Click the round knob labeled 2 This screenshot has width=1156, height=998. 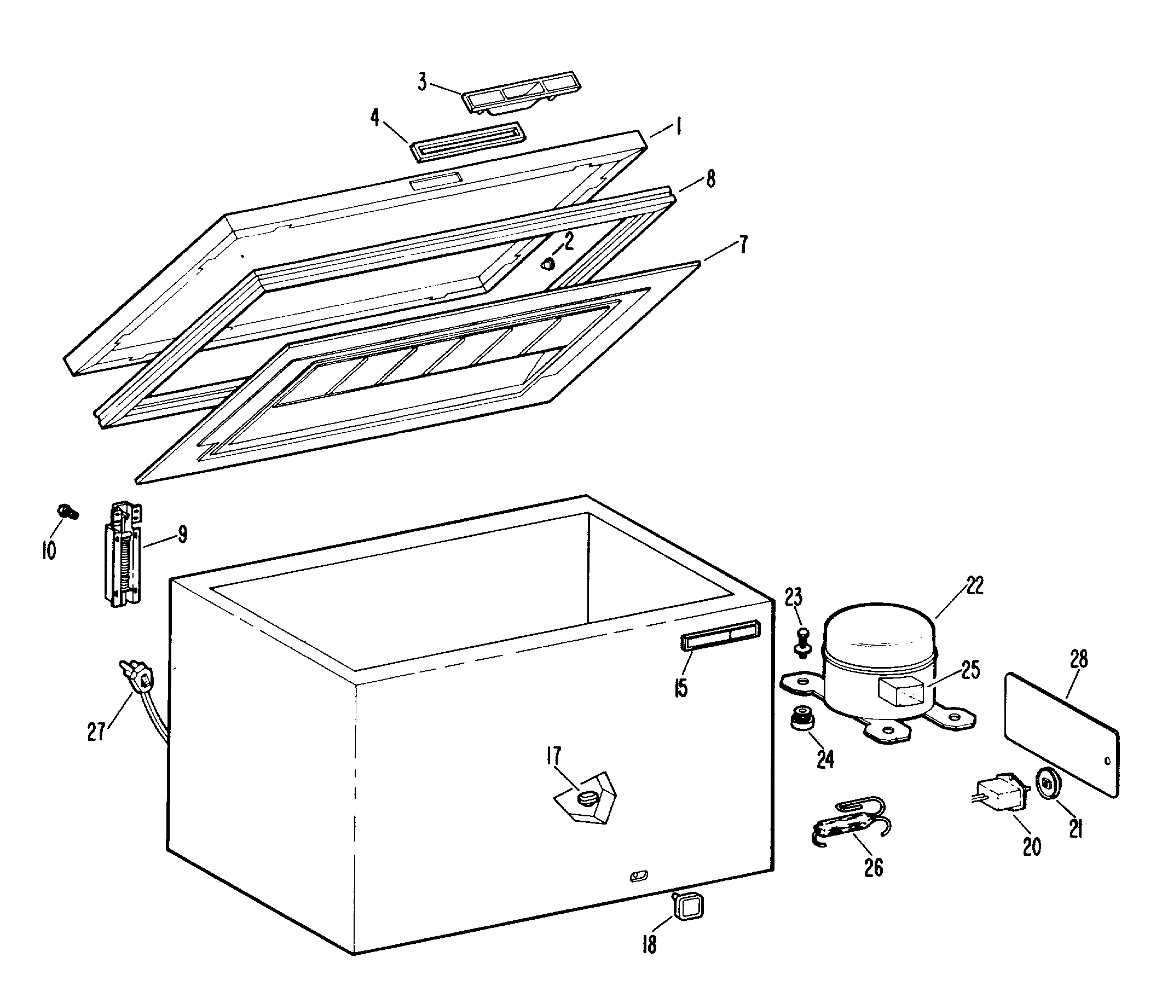pyautogui.click(x=550, y=264)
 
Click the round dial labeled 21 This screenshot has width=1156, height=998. pyautogui.click(x=1047, y=786)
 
